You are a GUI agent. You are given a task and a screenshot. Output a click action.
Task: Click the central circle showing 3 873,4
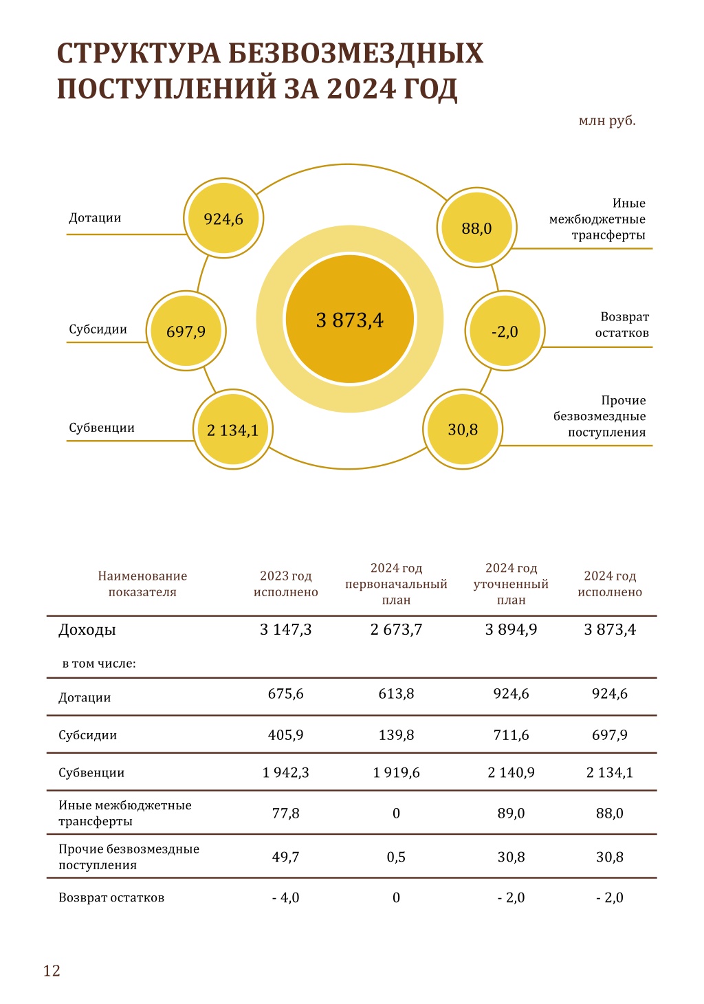[x=349, y=318]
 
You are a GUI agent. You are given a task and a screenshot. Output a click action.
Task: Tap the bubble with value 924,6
[x=223, y=218]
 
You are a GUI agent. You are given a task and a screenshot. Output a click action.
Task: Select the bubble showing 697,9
[x=186, y=331]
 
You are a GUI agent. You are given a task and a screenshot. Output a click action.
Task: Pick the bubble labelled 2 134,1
[x=232, y=429]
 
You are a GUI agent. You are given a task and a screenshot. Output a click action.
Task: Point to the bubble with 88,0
[x=477, y=228]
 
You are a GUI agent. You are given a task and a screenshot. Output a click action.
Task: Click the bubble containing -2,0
[x=505, y=331]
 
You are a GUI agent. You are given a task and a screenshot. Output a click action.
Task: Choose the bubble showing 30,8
[x=463, y=429]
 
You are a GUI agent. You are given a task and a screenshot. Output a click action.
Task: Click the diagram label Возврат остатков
[x=622, y=325]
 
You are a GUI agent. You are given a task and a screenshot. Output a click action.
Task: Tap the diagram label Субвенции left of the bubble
[x=102, y=428]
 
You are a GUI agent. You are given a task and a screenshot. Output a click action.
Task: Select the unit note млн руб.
[x=607, y=121]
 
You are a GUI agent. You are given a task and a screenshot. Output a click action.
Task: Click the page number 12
[x=52, y=970]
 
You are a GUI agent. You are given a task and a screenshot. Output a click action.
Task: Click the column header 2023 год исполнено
[x=286, y=584]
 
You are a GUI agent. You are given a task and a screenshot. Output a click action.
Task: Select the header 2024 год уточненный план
[x=511, y=584]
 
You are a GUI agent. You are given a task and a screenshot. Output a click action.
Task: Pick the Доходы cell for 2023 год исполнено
[x=286, y=630]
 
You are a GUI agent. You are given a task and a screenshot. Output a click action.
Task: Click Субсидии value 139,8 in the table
[x=396, y=734]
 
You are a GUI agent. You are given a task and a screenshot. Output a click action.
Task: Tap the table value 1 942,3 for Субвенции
[x=286, y=772]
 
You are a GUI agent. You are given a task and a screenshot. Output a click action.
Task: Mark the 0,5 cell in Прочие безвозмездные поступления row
[x=396, y=857]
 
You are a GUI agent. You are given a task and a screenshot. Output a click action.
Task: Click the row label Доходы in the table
[x=87, y=630]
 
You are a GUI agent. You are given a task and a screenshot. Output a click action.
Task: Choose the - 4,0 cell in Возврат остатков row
[x=286, y=897]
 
